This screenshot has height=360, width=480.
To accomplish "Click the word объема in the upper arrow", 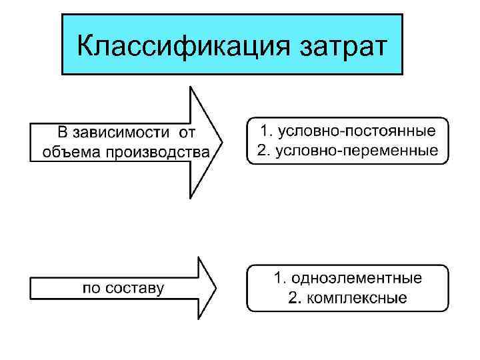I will coord(69,152).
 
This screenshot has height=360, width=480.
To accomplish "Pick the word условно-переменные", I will coord(357,151).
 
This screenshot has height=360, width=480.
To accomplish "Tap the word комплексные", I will coord(357,298).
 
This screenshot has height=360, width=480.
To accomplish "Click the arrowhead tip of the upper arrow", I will coord(221,142).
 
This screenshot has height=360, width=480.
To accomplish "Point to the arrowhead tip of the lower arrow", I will coord(215,288).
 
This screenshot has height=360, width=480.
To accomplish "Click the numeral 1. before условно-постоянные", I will coord(265,131).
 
